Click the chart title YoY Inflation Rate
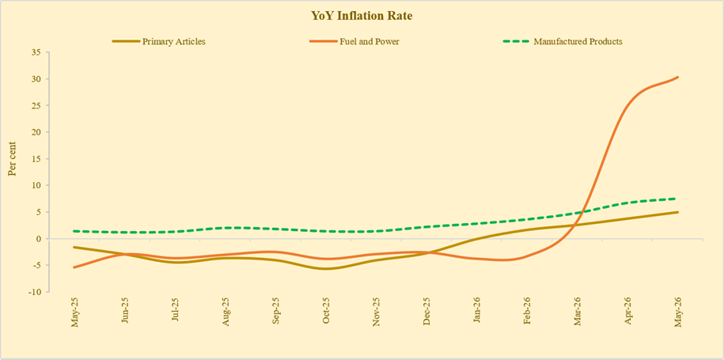click(x=362, y=16)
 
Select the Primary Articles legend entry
click(x=159, y=41)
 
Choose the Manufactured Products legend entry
click(x=563, y=41)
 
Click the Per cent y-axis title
click(x=13, y=158)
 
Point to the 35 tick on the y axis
click(x=37, y=52)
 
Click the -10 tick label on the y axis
click(x=36, y=292)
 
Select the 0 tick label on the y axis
click(x=40, y=239)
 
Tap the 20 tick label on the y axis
click(x=37, y=132)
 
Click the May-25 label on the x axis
click(x=74, y=313)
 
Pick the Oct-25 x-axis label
click(x=326, y=312)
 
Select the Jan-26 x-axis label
click(x=477, y=312)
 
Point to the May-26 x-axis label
click(x=678, y=313)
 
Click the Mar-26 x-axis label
click(x=578, y=312)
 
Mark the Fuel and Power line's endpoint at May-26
click(x=678, y=77)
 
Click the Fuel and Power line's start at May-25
click(x=74, y=267)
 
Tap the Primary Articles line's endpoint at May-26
click(x=678, y=212)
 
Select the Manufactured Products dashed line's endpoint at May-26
click(x=677, y=199)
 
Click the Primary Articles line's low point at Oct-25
click(x=327, y=269)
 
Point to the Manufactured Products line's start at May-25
click(x=74, y=231)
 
